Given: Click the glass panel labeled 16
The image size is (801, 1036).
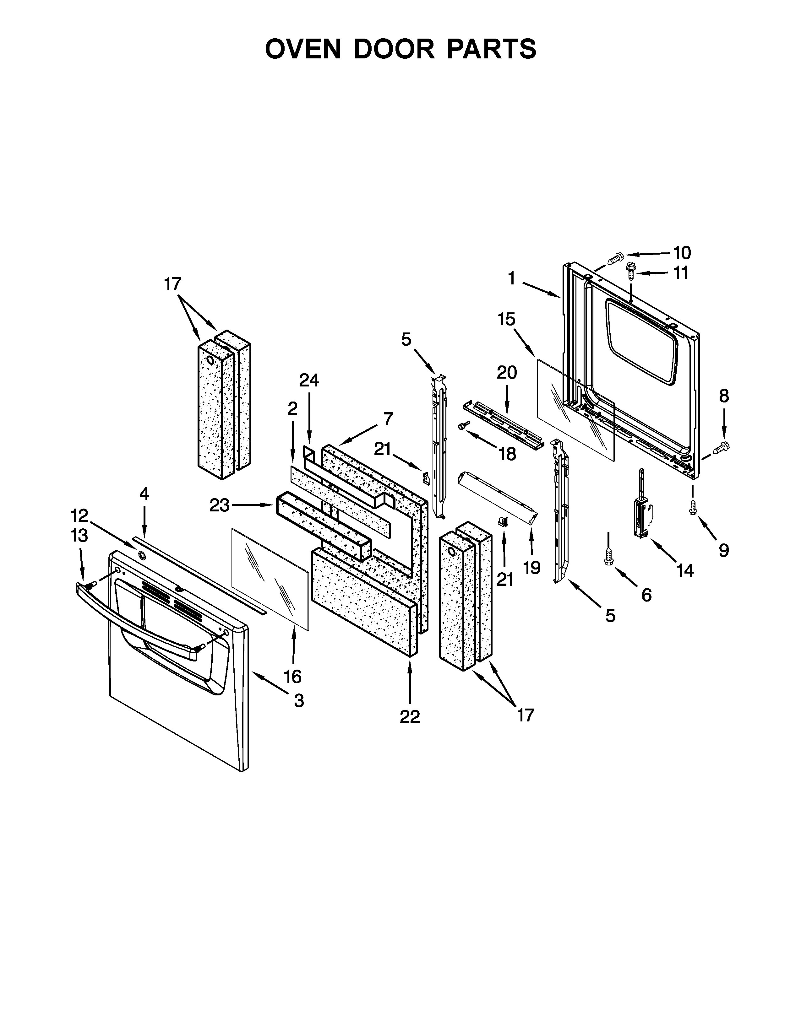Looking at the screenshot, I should (270, 579).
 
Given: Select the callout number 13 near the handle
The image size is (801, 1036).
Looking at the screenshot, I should (79, 536).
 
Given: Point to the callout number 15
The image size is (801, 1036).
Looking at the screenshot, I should (506, 319).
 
